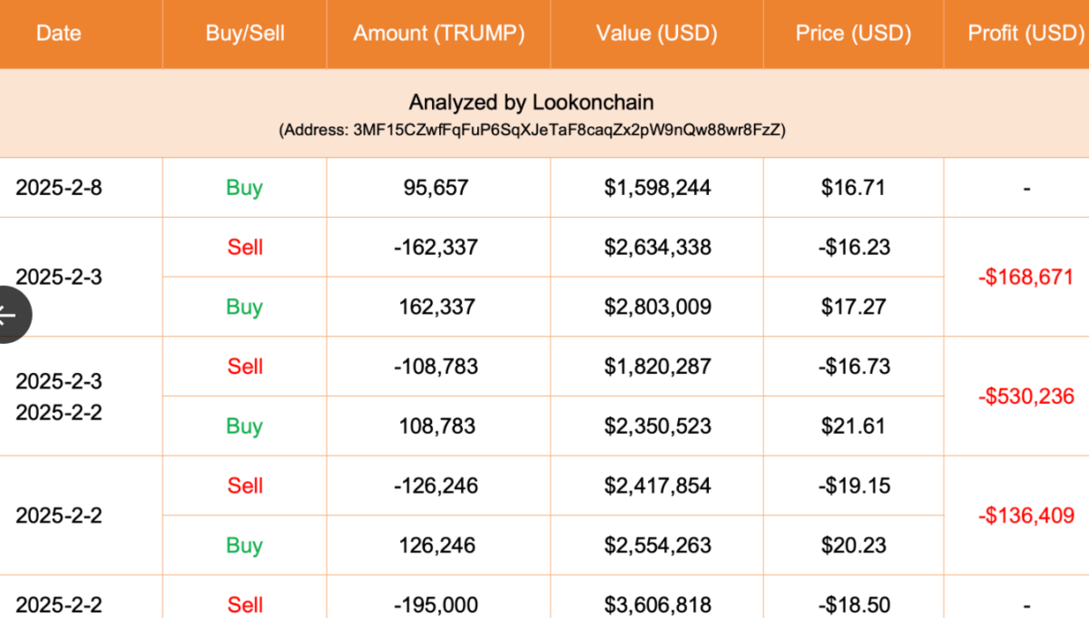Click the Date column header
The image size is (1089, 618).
tap(58, 33)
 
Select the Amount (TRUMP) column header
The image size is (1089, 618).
tap(439, 34)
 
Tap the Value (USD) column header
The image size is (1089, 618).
tap(657, 34)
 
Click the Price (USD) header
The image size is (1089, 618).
tap(853, 34)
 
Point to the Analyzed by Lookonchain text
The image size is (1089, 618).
tap(532, 103)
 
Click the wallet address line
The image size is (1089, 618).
tap(532, 130)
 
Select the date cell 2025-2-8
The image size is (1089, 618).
tap(59, 188)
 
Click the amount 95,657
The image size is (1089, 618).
tap(437, 188)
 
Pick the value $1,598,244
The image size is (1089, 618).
tap(657, 188)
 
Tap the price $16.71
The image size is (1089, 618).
tap(853, 188)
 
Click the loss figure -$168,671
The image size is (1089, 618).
tap(1025, 277)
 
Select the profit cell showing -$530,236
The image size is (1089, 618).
tap(1026, 397)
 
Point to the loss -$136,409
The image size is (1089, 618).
tap(1026, 515)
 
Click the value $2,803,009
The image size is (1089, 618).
tap(657, 307)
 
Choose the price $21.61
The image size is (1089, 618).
tap(854, 426)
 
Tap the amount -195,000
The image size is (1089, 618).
tap(437, 605)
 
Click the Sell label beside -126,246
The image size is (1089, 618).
tap(245, 486)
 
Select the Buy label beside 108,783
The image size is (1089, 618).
tap(244, 427)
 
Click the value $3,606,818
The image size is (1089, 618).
tap(657, 605)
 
